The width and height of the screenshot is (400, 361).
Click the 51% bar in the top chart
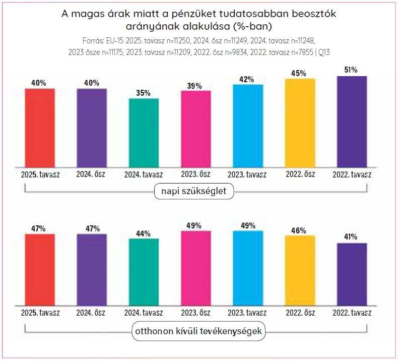point(352,121)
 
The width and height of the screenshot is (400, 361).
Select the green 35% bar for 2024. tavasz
point(144,132)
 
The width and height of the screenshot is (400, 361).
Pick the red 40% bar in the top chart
point(40,128)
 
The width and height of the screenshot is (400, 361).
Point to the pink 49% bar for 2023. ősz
point(196,268)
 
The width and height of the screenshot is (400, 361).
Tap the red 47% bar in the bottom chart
point(40,269)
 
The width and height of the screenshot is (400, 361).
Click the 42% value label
point(247,80)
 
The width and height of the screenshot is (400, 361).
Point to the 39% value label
point(195,86)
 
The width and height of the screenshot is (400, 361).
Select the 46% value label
point(300,230)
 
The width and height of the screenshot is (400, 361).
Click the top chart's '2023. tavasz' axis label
point(247,174)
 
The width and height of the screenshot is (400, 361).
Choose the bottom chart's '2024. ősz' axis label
point(91,313)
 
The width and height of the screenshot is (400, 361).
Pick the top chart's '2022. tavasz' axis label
point(352,174)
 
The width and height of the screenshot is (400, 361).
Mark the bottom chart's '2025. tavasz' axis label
point(40,313)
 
